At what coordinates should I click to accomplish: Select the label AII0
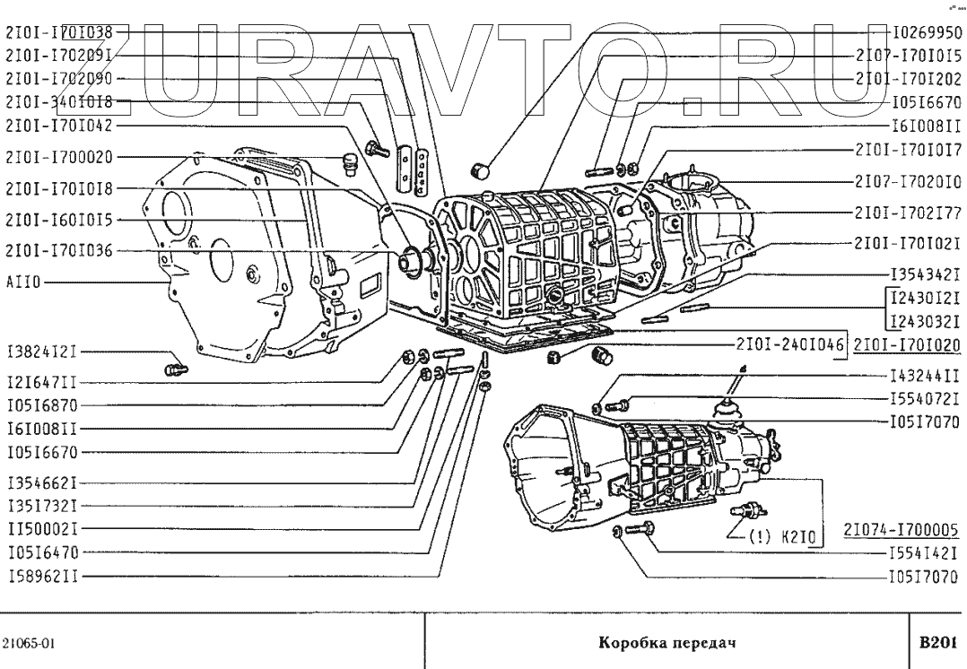[x=22, y=282]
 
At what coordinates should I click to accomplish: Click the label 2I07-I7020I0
[x=908, y=181]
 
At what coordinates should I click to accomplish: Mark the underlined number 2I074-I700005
[x=902, y=529]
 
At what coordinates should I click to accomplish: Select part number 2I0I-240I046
[x=791, y=343]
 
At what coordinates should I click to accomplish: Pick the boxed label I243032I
[x=925, y=322]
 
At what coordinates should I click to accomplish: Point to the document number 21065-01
[x=30, y=643]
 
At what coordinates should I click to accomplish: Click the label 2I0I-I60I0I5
[x=59, y=219]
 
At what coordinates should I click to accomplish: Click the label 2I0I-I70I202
[x=908, y=78]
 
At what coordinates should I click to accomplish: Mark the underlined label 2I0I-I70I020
[x=907, y=343]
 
